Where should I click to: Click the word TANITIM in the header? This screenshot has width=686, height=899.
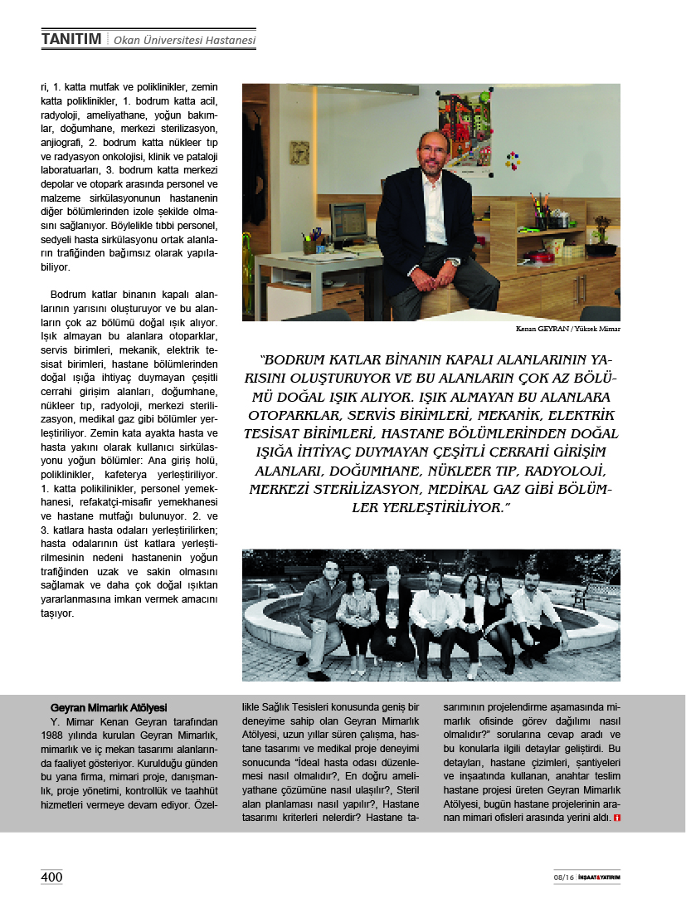[x=71, y=38]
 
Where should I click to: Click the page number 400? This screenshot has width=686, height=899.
[x=51, y=877]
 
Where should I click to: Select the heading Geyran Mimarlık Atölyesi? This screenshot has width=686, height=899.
[x=108, y=708]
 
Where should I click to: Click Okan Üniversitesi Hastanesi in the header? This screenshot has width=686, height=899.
[x=184, y=39]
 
